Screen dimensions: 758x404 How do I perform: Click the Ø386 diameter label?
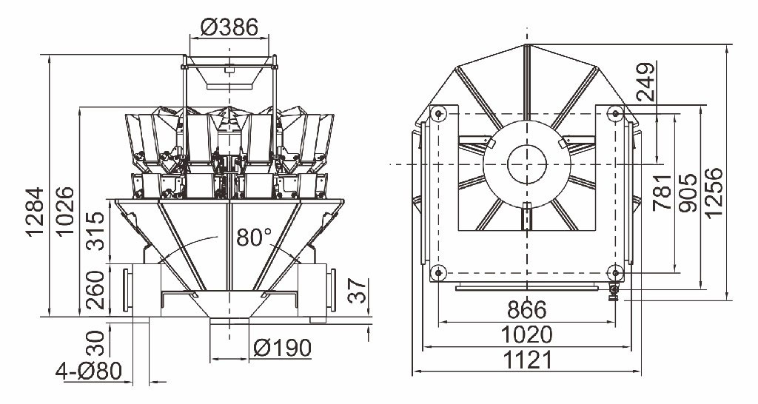pyautogui.click(x=229, y=27)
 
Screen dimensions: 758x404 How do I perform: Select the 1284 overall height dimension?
pyautogui.click(x=36, y=212)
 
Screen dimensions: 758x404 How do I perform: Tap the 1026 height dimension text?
pyautogui.click(x=64, y=211)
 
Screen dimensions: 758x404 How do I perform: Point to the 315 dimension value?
pyautogui.click(x=95, y=231)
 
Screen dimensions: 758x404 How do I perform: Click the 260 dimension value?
pyautogui.click(x=95, y=290)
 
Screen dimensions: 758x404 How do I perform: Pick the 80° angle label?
pyautogui.click(x=255, y=238)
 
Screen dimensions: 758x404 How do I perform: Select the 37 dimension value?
pyautogui.click(x=358, y=291)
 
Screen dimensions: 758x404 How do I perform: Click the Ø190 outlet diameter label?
pyautogui.click(x=282, y=348)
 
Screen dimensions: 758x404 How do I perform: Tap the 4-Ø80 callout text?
pyautogui.click(x=89, y=371)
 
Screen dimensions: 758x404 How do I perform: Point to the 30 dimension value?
pyautogui.click(x=95, y=343)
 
